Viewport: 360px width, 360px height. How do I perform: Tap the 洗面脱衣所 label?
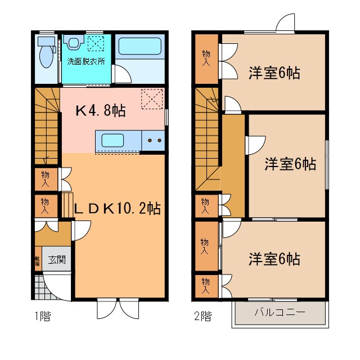click(86, 61)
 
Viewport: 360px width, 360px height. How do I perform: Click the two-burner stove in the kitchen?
click(153, 140)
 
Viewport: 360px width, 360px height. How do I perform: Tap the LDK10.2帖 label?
click(118, 209)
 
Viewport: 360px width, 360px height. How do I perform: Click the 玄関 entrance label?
click(56, 259)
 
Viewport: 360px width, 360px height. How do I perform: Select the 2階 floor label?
click(203, 316)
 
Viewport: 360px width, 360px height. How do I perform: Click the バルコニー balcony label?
click(280, 312)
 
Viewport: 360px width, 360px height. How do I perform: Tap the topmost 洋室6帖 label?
click(274, 73)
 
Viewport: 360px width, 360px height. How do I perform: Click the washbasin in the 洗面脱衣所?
click(73, 43)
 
